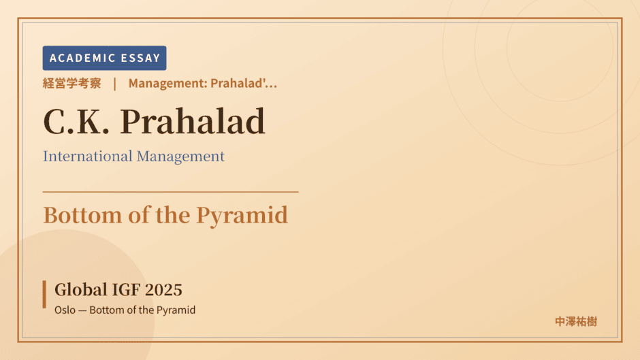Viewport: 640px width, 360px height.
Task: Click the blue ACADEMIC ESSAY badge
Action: pyautogui.click(x=104, y=58)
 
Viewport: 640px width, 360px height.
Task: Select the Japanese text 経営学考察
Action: pyautogui.click(x=72, y=83)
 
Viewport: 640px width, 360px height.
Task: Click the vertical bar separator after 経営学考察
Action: pyautogui.click(x=115, y=84)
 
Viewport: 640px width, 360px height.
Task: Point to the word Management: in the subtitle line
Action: pyautogui.click(x=167, y=83)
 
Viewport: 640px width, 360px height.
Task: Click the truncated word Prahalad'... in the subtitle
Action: pyautogui.click(x=244, y=83)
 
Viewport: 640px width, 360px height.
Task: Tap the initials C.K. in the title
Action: pyautogui.click(x=76, y=121)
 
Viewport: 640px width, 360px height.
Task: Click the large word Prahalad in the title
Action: pyautogui.click(x=193, y=121)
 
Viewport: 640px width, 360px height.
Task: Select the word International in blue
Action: pyautogui.click(x=88, y=156)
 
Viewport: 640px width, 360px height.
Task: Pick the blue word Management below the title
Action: pyautogui.click(x=181, y=157)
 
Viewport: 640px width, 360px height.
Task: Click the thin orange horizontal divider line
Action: pyautogui.click(x=171, y=191)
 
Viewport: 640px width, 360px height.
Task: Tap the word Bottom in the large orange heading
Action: pyautogui.click(x=82, y=215)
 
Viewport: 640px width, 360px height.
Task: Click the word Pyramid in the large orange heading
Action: pyautogui.click(x=242, y=216)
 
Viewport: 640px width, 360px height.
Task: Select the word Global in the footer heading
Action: pyautogui.click(x=81, y=290)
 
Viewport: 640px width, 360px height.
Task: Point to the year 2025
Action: pyautogui.click(x=163, y=290)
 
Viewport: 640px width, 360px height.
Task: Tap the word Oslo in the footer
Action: pyautogui.click(x=65, y=310)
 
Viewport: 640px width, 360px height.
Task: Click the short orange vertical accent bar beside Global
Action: pyautogui.click(x=44, y=294)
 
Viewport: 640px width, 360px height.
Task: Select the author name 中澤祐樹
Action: pyautogui.click(x=576, y=322)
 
